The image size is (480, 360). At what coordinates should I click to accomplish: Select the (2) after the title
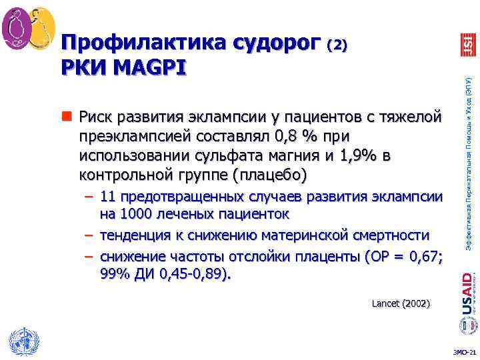click(x=337, y=45)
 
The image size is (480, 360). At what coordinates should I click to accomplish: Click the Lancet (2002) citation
click(x=401, y=304)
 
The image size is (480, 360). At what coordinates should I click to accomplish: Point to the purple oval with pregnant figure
click(x=17, y=27)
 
